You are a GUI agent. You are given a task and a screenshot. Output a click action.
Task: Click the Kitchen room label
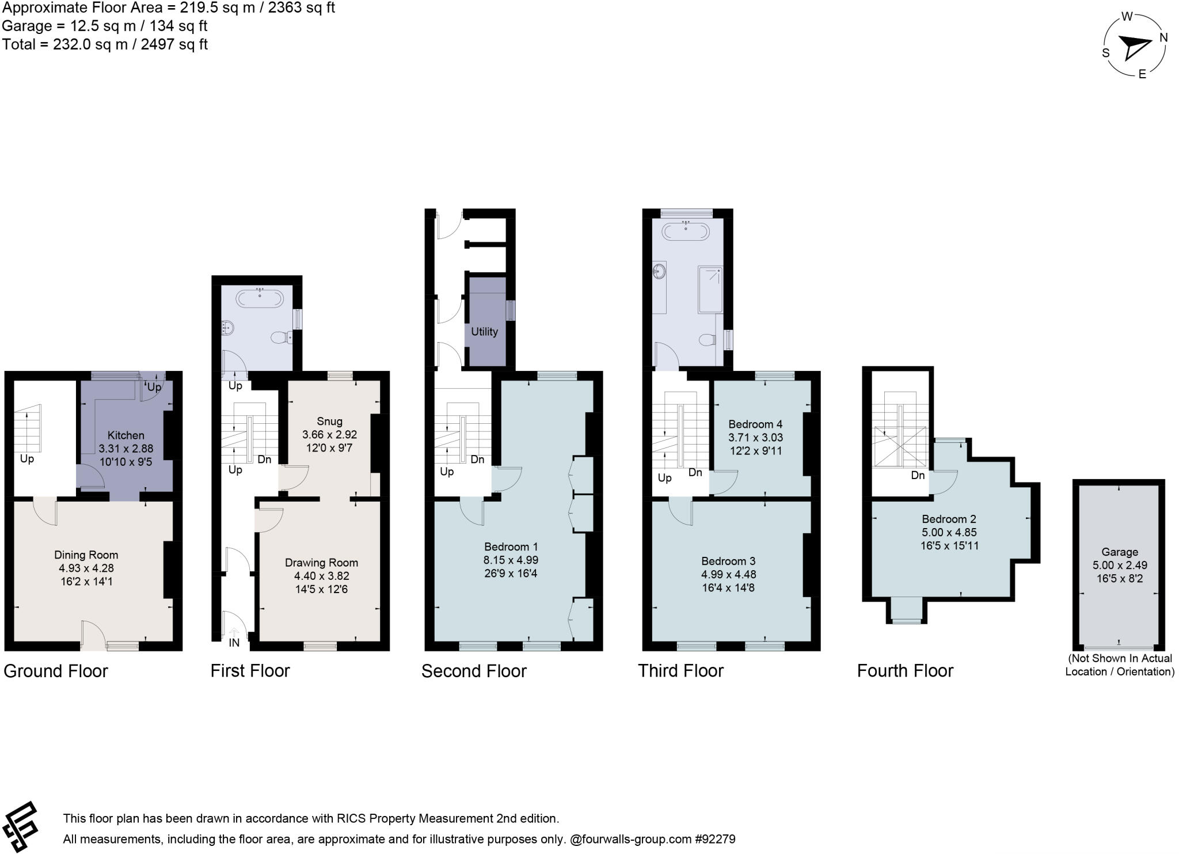[x=125, y=435]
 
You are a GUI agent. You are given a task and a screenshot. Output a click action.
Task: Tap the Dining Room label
[x=86, y=555]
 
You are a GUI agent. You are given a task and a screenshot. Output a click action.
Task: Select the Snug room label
[x=329, y=422]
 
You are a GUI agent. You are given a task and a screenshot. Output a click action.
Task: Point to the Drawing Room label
[x=321, y=563]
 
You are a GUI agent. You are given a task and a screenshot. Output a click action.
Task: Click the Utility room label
[x=484, y=332]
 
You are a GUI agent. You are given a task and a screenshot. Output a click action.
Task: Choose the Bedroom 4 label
[x=755, y=424]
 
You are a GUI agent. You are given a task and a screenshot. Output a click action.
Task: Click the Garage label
[x=1119, y=552]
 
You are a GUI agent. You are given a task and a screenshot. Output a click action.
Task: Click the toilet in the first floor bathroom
[x=282, y=337]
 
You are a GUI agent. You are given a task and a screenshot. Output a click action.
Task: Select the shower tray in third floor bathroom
[x=710, y=289]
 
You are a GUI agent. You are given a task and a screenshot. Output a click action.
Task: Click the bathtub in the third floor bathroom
[x=686, y=231]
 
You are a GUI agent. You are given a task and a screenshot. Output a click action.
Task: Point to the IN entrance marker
[x=234, y=643]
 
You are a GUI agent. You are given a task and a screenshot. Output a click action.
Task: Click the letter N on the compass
[x=1163, y=38]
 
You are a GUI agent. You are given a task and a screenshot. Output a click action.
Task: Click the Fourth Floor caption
[x=905, y=671]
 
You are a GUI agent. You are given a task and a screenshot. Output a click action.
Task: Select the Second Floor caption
[x=474, y=671]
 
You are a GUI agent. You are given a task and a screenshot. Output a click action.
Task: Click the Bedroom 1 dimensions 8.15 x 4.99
[x=511, y=560]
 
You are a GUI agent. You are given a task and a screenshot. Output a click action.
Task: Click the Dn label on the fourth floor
[x=918, y=476]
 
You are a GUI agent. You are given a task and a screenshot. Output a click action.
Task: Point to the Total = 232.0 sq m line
[x=105, y=44]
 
